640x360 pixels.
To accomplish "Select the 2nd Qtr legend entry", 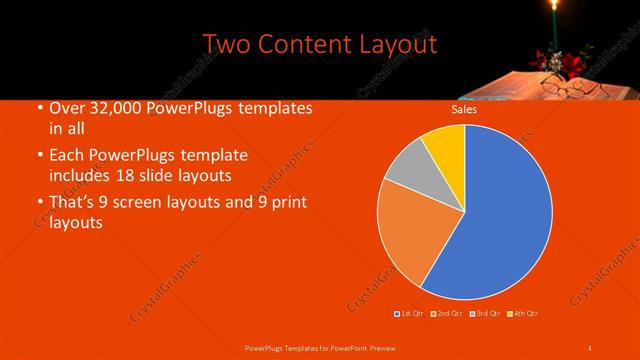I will (x=447, y=314).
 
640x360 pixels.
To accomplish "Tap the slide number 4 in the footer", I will (x=590, y=347).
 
